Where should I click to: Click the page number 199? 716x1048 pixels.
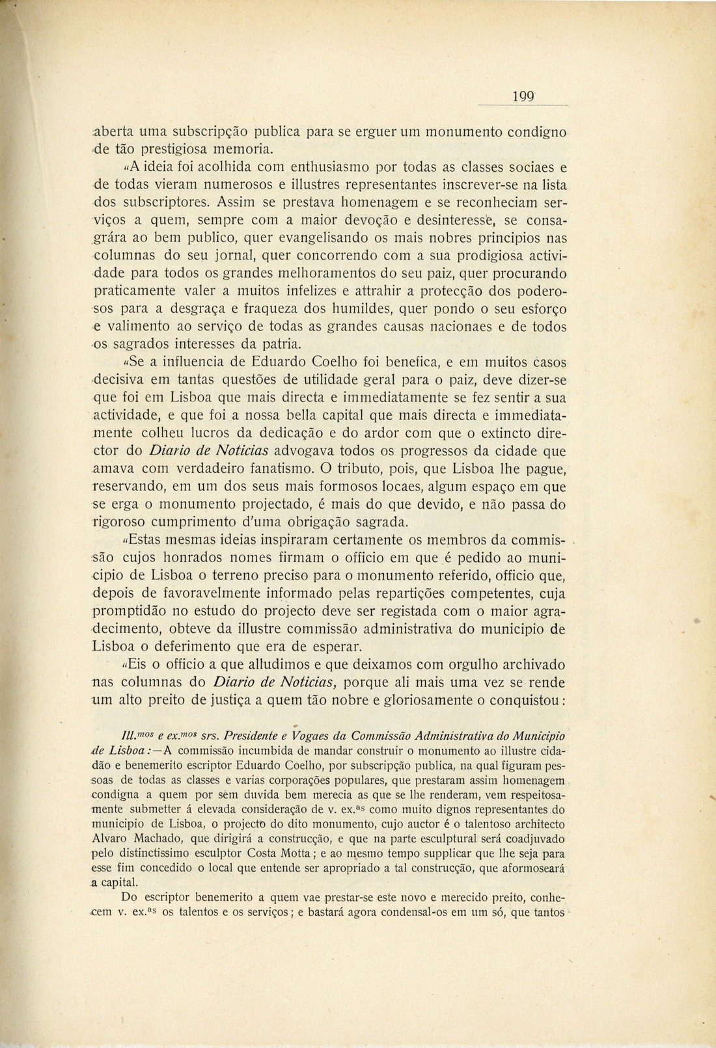point(523,97)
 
